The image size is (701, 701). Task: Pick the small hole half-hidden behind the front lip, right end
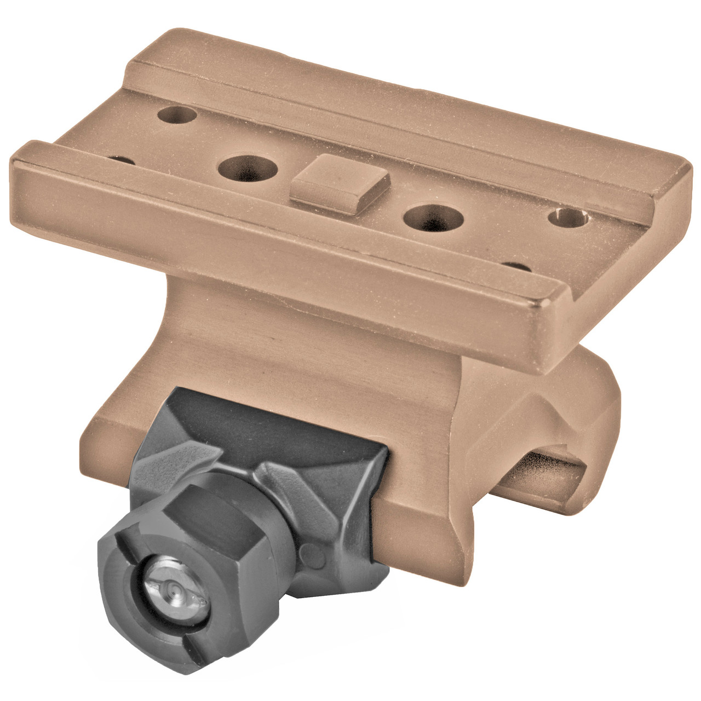518,267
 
